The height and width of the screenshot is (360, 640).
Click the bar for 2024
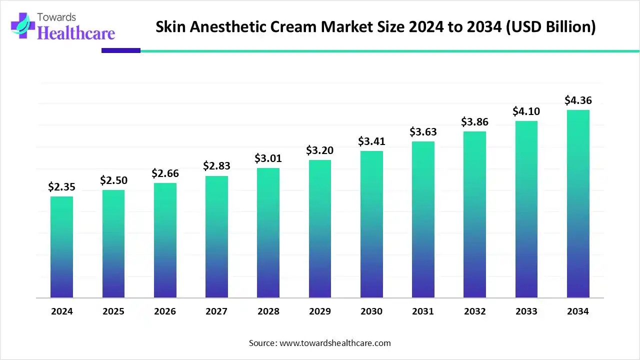click(x=61, y=247)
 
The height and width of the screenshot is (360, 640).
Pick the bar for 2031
click(x=423, y=219)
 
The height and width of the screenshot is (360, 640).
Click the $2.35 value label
click(x=61, y=186)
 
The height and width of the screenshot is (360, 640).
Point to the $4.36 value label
click(x=578, y=100)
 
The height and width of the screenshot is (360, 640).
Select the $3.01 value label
click(x=268, y=158)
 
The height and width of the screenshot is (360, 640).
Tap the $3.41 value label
click(x=371, y=141)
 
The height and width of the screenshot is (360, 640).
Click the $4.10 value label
click(x=526, y=111)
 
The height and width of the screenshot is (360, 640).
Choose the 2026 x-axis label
click(x=165, y=311)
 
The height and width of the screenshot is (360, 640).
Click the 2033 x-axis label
click(x=526, y=311)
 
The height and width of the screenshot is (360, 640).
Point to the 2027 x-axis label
click(x=216, y=311)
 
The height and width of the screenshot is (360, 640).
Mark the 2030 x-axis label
click(x=371, y=311)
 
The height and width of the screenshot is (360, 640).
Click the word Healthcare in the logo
click(x=76, y=33)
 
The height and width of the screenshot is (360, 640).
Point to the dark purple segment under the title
click(x=121, y=50)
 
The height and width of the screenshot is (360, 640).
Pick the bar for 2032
click(x=474, y=214)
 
